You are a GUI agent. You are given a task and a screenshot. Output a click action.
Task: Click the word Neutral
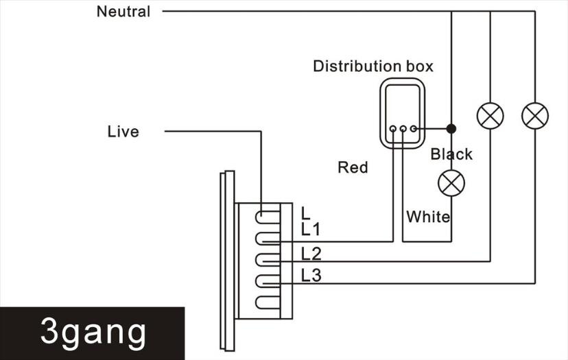pyautogui.click(x=123, y=12)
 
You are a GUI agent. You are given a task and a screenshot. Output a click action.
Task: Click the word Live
pyautogui.click(x=123, y=132)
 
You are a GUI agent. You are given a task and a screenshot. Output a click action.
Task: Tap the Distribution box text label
pyautogui.click(x=373, y=67)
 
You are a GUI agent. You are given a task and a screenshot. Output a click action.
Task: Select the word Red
pyautogui.click(x=353, y=167)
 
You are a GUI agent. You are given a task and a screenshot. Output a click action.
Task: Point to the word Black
pyautogui.click(x=451, y=154)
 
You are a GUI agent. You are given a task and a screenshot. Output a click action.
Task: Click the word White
pyautogui.click(x=428, y=217)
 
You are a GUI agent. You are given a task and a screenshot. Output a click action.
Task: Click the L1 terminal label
pyautogui.click(x=311, y=229)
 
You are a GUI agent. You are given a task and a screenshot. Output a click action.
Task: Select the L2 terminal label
pyautogui.click(x=311, y=254)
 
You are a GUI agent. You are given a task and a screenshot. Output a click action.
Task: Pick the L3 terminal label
pyautogui.click(x=311, y=276)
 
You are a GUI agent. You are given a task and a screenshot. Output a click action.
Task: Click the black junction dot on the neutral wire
pyautogui.click(x=451, y=129)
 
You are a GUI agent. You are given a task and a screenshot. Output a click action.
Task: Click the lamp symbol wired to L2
pyautogui.click(x=490, y=116)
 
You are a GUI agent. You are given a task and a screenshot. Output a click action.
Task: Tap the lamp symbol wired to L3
pyautogui.click(x=535, y=116)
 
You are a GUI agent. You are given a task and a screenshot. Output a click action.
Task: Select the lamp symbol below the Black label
pyautogui.click(x=451, y=183)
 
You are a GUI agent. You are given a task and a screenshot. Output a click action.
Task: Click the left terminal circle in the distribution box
pyautogui.click(x=393, y=129)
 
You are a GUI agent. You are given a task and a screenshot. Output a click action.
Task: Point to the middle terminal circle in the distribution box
pyautogui.click(x=403, y=129)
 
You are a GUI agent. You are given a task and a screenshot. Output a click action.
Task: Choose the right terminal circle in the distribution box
pyautogui.click(x=414, y=129)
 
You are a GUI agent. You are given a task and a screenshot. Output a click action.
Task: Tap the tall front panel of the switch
pyautogui.click(x=227, y=261)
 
